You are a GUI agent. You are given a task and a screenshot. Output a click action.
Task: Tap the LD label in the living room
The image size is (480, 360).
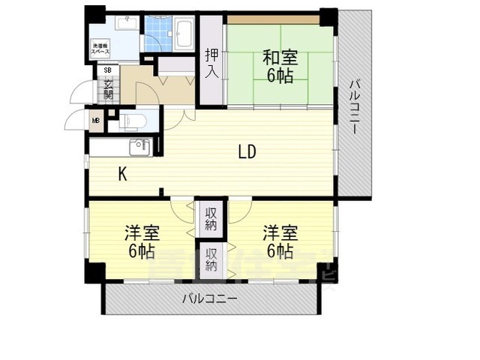(x=247, y=152)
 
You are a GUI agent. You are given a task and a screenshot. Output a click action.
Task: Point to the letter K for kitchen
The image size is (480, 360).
(x=122, y=174)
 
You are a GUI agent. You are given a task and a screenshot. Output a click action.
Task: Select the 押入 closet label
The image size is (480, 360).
(x=211, y=63)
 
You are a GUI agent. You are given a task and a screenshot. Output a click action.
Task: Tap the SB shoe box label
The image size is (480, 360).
(x=107, y=71)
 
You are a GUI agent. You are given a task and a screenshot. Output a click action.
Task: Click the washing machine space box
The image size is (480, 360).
(x=102, y=49)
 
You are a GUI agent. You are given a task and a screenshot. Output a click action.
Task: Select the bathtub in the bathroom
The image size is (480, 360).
(x=184, y=33)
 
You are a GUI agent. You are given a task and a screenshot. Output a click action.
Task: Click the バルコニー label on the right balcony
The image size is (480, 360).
(x=353, y=105)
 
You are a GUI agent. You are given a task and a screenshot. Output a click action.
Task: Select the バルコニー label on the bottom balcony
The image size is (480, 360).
(x=210, y=298)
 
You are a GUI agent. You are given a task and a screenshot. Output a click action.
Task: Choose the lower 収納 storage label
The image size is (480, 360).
(x=211, y=259)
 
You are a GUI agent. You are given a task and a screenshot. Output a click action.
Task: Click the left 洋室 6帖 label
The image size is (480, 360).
(x=140, y=241)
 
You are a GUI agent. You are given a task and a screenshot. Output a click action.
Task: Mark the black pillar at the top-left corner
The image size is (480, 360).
(x=94, y=14)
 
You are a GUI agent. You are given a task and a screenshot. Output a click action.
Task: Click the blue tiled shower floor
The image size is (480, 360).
(x=158, y=33)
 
